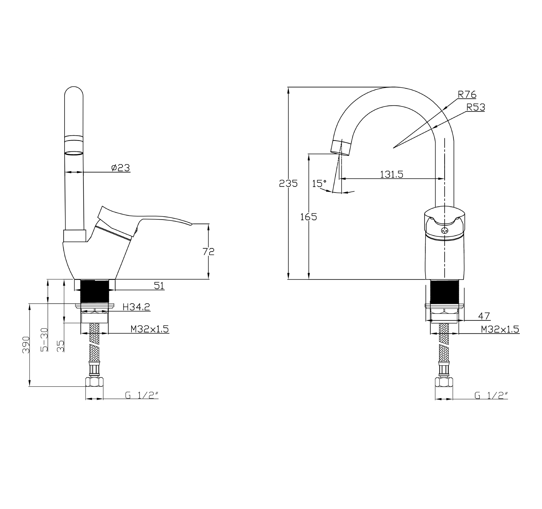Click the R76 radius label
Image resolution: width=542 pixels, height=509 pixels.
tap(467, 94)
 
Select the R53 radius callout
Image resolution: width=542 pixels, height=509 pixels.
tap(476, 107)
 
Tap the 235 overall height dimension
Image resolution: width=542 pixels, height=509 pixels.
tap(288, 184)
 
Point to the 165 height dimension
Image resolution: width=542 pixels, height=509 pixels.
tap(308, 217)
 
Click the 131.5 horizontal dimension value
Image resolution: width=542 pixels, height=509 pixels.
tap(392, 174)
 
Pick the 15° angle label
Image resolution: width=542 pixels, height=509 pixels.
tap(319, 184)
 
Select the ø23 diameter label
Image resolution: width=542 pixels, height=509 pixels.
tap(121, 168)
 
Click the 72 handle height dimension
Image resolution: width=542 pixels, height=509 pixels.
tap(209, 251)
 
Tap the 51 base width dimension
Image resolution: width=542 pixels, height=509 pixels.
tap(159, 286)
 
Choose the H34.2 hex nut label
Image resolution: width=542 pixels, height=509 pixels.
tap(136, 307)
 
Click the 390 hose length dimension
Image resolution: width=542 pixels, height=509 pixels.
tap(26, 344)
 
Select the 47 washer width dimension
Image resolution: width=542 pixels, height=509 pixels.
tap(484, 316)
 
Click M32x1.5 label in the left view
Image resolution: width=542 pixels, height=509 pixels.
tap(150, 329)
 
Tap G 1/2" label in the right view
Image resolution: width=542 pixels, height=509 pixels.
tap(491, 396)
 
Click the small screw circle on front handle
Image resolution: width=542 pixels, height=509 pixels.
tap(444, 230)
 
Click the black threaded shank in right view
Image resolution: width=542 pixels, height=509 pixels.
tap(444, 292)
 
